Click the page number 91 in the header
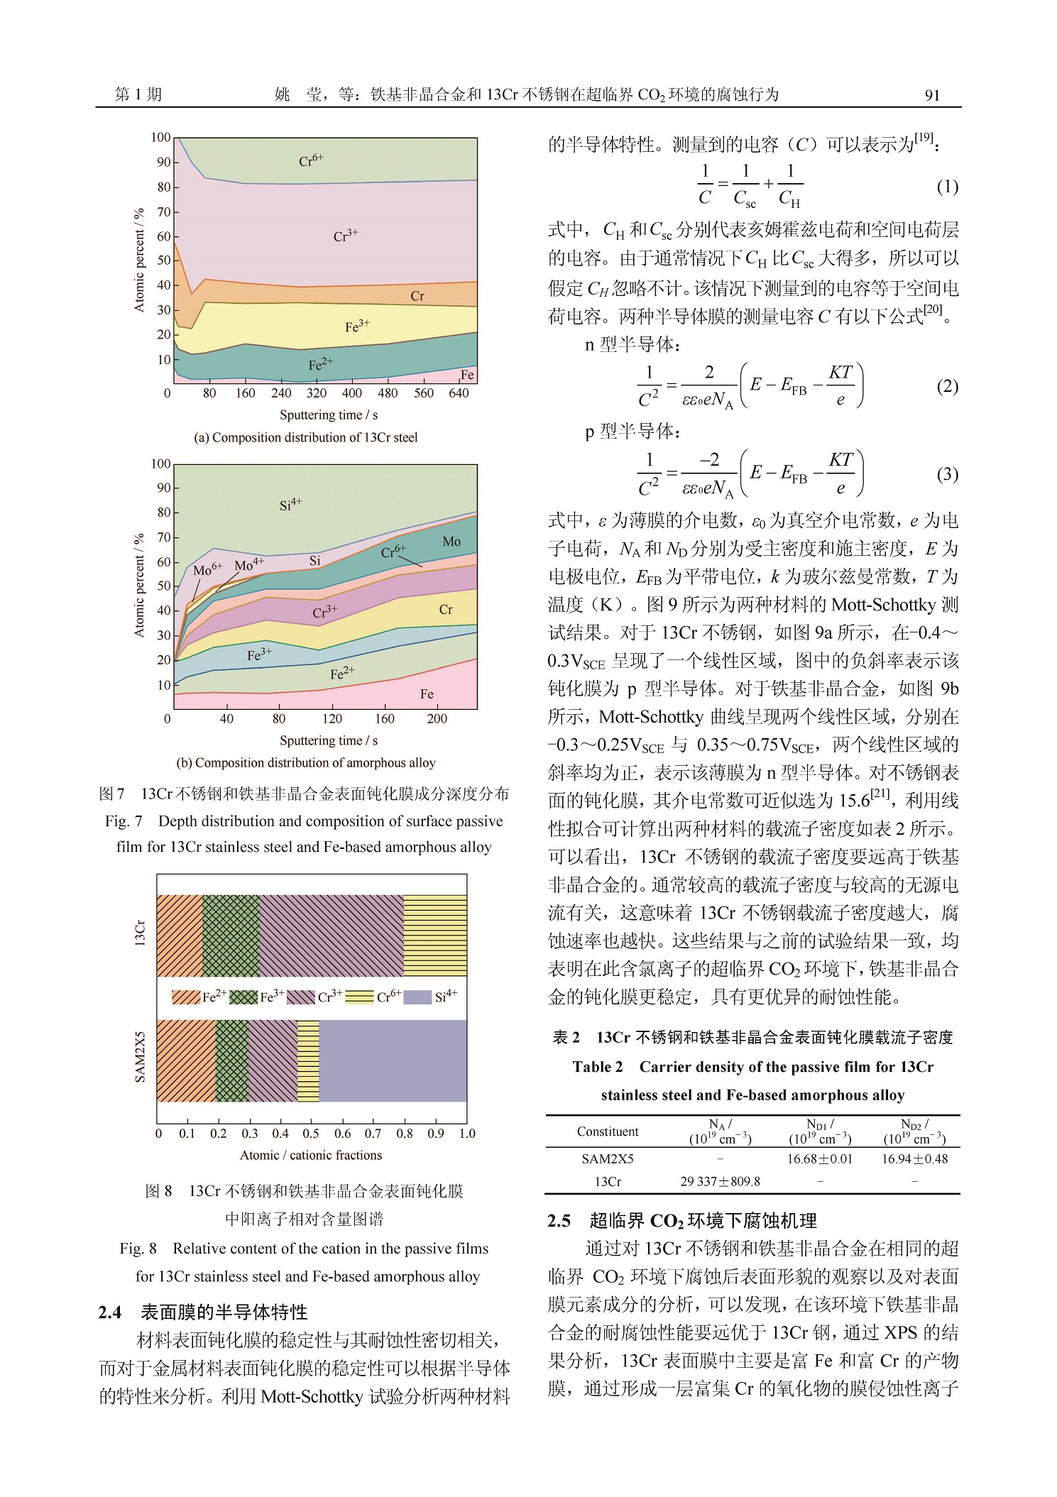click(x=932, y=95)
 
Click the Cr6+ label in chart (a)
click(x=311, y=160)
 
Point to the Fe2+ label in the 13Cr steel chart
click(x=320, y=364)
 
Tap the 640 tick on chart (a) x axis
click(x=459, y=393)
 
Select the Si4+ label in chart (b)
click(x=290, y=505)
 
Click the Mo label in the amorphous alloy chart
click(x=451, y=542)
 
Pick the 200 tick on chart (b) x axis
click(x=437, y=718)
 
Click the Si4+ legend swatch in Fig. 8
click(x=417, y=997)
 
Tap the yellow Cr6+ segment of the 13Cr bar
click(x=435, y=936)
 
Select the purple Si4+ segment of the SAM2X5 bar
click(x=393, y=1060)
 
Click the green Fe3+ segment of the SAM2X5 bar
click(x=232, y=1060)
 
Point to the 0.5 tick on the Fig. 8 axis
click(x=311, y=1134)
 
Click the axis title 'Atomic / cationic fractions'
click(x=311, y=1155)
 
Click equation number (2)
click(x=948, y=386)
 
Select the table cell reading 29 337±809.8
click(x=720, y=1181)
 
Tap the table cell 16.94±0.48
click(x=914, y=1158)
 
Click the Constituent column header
click(x=608, y=1131)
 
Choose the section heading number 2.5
click(x=559, y=1220)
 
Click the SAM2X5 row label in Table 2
click(x=608, y=1158)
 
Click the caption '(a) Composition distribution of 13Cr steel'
click(x=306, y=437)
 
